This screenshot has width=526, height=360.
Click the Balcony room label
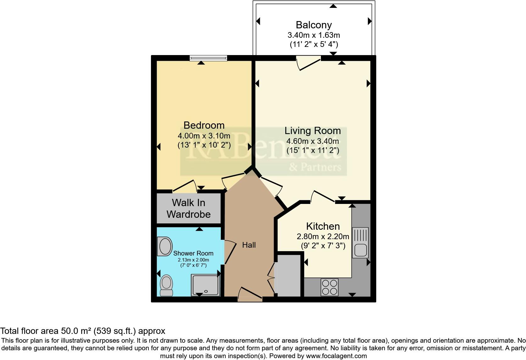click(314, 25)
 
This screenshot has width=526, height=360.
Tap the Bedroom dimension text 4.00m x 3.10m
click(204, 136)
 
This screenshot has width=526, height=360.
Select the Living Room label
click(312, 131)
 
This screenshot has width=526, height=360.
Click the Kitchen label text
click(323, 226)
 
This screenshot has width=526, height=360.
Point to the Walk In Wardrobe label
click(188, 208)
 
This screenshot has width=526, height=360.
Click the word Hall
click(249, 245)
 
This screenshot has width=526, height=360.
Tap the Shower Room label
click(193, 253)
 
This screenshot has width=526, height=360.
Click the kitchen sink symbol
click(360, 243)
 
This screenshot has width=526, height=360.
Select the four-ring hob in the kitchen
click(329, 287)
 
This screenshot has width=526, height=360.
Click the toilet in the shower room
click(166, 285)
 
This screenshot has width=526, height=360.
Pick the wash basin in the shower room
click(165, 246)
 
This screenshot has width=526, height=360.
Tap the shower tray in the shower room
click(205, 285)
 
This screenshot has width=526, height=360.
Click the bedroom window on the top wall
click(208, 58)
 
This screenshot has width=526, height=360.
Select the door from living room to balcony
click(308, 63)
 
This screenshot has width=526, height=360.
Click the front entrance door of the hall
click(250, 295)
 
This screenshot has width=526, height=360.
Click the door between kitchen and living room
click(323, 196)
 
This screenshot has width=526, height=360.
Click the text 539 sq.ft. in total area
click(114, 331)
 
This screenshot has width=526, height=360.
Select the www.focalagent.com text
click(336, 356)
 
